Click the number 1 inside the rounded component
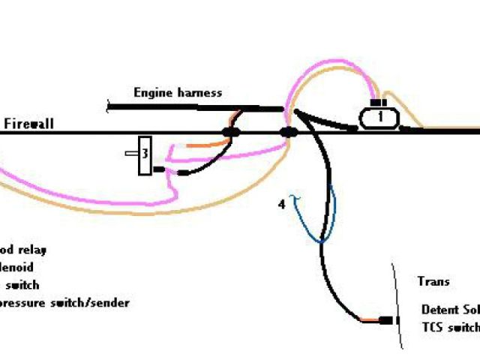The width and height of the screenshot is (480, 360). [x=380, y=117]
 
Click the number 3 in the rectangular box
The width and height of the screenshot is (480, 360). [x=145, y=154]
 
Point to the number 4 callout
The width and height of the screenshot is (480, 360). [x=282, y=203]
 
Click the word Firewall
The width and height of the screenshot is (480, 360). [x=29, y=124]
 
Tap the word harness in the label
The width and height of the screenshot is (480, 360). [x=199, y=93]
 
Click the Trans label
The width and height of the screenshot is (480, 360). [x=433, y=281]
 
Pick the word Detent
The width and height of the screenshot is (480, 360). [x=438, y=309]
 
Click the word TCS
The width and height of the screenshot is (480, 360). [x=433, y=328]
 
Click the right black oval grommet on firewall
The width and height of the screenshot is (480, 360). [x=289, y=133]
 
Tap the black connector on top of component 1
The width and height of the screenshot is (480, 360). [x=379, y=103]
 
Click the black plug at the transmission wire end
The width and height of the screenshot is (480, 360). [x=386, y=321]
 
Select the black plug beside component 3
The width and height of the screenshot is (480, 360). [x=159, y=170]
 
